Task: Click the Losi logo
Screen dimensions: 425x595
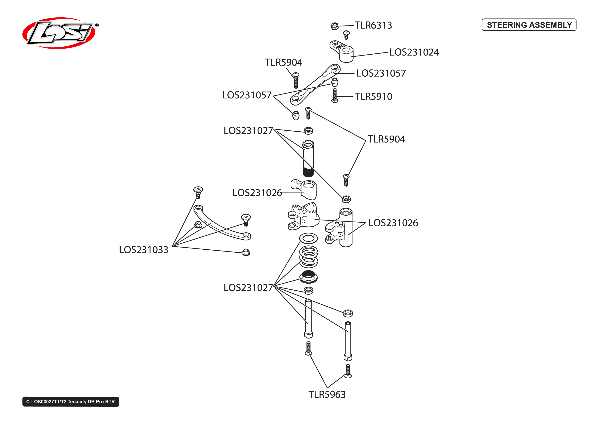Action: coord(59,33)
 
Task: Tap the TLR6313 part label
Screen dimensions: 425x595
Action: coord(373,25)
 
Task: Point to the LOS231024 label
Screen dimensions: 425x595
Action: coord(414,52)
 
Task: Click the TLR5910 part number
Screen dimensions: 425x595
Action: coord(373,96)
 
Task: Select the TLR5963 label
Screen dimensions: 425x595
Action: coord(327,395)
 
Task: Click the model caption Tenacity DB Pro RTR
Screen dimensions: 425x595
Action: coord(71,402)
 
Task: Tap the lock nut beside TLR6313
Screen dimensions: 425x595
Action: coord(334,26)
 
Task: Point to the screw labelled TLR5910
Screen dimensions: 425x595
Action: coord(335,96)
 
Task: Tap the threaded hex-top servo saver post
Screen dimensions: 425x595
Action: coord(308,159)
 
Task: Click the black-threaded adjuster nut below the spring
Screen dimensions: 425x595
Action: coord(309,277)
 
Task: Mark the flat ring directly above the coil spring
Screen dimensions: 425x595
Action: coord(309,238)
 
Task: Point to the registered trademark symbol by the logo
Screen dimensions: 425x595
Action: coord(97,25)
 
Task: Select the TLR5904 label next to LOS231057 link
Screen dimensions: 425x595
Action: coord(283,62)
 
